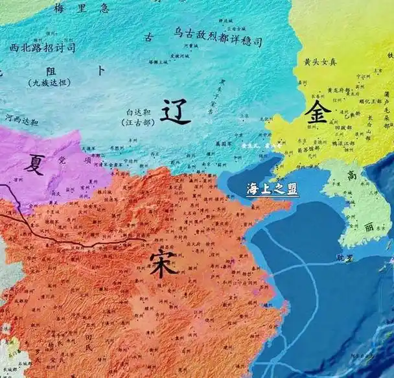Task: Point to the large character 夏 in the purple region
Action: click(x=34, y=164)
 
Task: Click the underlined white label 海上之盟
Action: click(x=273, y=189)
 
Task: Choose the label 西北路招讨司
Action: click(x=43, y=47)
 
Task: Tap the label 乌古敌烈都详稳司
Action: click(x=218, y=41)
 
